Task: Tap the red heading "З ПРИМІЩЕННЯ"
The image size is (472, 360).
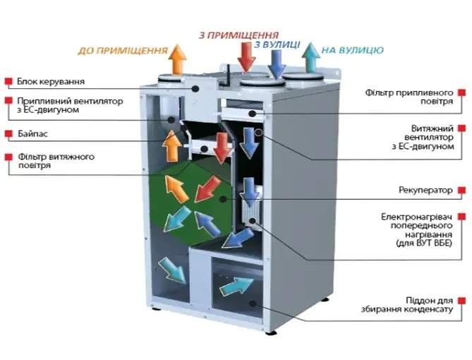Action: pyautogui.click(x=239, y=35)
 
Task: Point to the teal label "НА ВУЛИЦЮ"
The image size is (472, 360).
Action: pyautogui.click(x=352, y=50)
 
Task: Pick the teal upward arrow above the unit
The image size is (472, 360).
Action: pyautogui.click(x=309, y=57)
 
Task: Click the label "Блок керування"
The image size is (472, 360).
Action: pyautogui.click(x=46, y=81)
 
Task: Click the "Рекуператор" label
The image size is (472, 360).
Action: pyautogui.click(x=425, y=190)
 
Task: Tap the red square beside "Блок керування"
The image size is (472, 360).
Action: pyautogui.click(x=8, y=81)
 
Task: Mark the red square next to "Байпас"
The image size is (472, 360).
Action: pyautogui.click(x=8, y=133)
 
